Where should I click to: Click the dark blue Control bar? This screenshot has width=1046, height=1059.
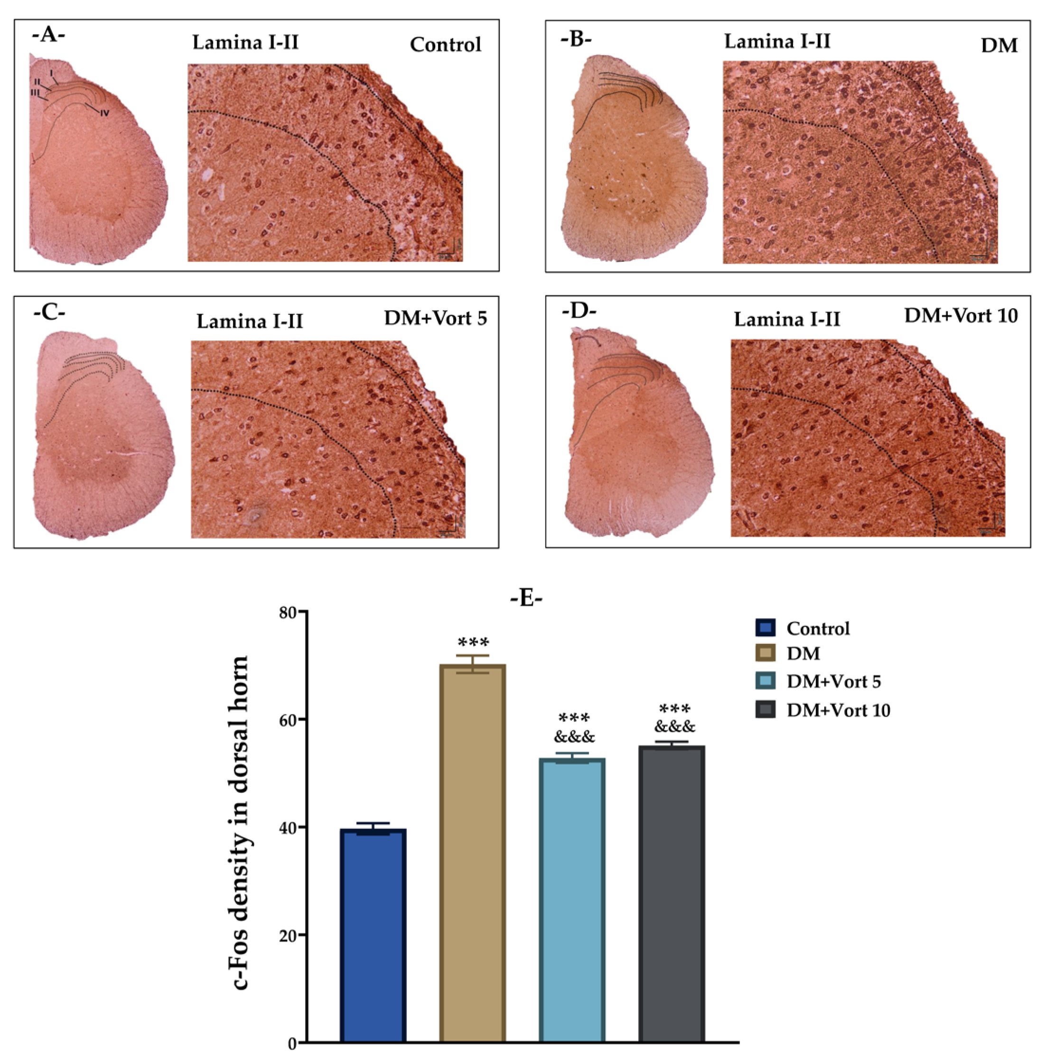[x=373, y=937]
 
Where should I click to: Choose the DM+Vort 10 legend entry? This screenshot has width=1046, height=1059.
[x=838, y=710]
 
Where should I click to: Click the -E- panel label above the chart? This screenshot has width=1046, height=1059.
[x=526, y=598]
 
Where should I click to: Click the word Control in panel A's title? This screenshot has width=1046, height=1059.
[x=445, y=45]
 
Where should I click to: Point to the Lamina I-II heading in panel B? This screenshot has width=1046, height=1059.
[x=777, y=41]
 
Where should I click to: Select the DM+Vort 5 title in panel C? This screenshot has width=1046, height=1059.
[x=435, y=318]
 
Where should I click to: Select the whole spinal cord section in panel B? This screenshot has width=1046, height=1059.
[x=634, y=159]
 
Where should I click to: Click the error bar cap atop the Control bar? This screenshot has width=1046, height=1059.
[x=373, y=823]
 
